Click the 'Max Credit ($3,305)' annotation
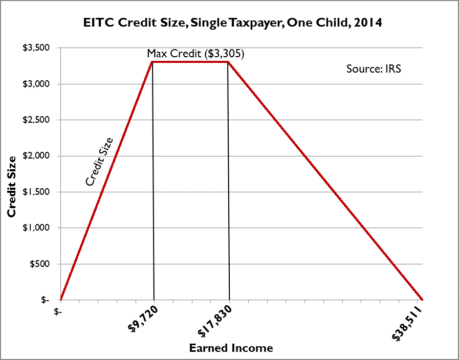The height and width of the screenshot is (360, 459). [x=195, y=54]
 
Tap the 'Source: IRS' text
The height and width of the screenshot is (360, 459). [x=374, y=69]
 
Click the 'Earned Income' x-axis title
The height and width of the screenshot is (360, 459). [x=231, y=348]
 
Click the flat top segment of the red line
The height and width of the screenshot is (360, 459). [x=190, y=62]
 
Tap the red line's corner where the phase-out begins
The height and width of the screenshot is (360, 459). [x=228, y=62]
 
